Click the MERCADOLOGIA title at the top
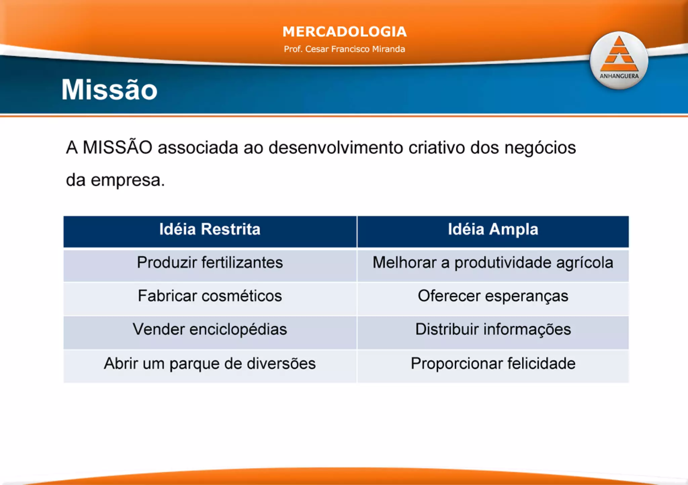(344, 32)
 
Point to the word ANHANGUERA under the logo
(619, 76)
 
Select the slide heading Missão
(109, 90)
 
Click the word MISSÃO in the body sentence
(117, 147)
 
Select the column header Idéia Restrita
(210, 229)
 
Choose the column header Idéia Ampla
(493, 229)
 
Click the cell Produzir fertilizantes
(210, 263)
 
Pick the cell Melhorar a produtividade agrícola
(493, 263)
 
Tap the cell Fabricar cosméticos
(210, 296)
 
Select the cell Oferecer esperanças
(493, 296)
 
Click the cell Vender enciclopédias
(210, 329)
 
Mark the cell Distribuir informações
(493, 329)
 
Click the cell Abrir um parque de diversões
(210, 363)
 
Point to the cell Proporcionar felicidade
(493, 363)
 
